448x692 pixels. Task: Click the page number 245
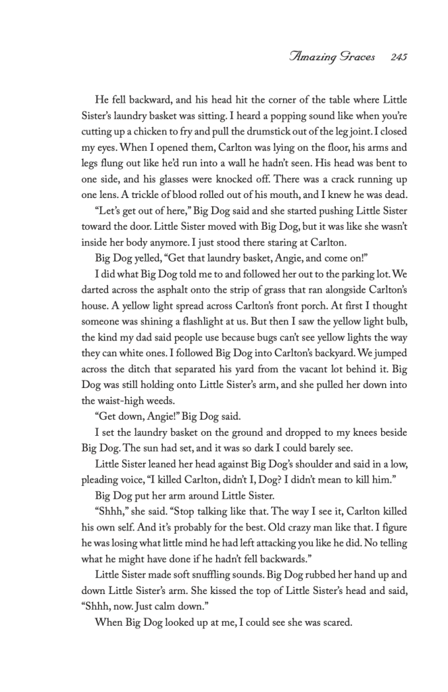point(397,59)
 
